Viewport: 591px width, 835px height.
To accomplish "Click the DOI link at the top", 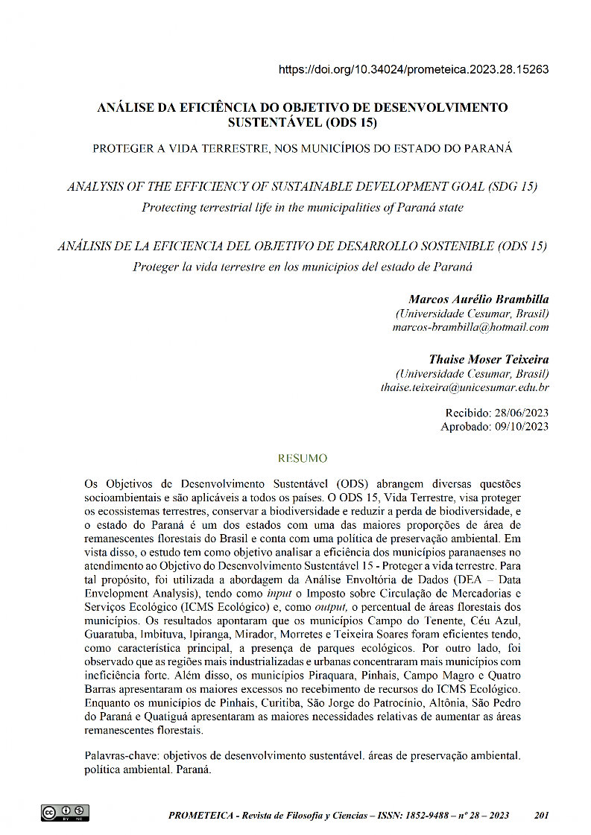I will pyautogui.click(x=414, y=70).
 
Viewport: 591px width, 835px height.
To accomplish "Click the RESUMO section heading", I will pyautogui.click(x=302, y=458).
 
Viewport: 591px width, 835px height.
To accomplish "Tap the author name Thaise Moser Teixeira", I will pyautogui.click(x=488, y=360).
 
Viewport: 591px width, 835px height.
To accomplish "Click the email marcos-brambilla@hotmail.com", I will pyautogui.click(x=470, y=327).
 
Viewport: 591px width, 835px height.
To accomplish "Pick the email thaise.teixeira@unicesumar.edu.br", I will pyautogui.click(x=464, y=387).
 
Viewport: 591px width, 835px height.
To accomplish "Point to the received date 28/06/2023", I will pyautogui.click(x=520, y=413).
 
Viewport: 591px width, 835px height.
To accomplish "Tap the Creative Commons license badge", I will pyautogui.click(x=65, y=813).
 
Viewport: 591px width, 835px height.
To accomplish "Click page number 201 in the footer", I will pyautogui.click(x=542, y=815).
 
